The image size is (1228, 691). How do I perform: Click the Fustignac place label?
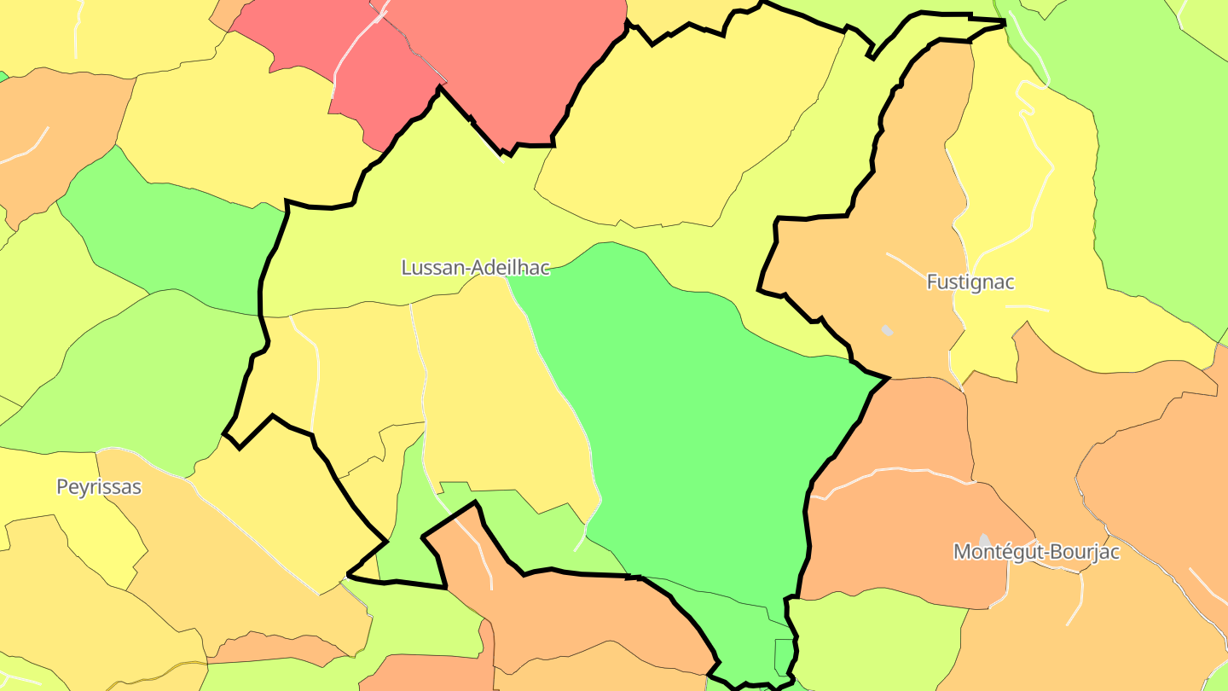[970, 282]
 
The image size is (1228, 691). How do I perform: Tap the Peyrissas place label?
[99, 487]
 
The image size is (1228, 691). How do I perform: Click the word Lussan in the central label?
[432, 268]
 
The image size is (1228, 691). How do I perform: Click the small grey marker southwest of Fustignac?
[887, 329]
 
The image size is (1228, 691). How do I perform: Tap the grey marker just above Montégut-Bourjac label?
[985, 540]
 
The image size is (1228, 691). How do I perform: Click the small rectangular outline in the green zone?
[783, 657]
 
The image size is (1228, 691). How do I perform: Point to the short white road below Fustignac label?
[1028, 307]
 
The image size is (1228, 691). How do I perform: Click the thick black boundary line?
[260, 290]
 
